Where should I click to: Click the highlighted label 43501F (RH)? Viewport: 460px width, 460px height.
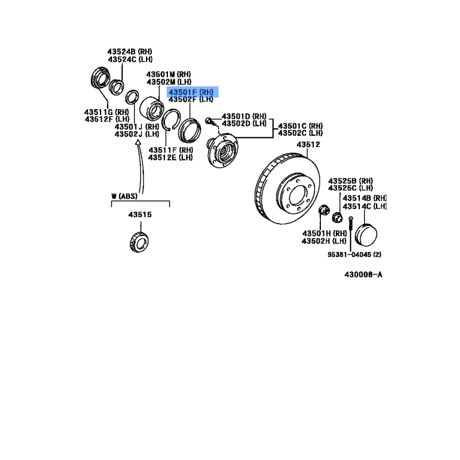[191, 92]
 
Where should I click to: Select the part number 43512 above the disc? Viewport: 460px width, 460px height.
[308, 144]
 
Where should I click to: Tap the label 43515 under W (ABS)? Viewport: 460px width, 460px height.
[140, 214]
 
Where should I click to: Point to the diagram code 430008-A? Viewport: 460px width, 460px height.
[363, 275]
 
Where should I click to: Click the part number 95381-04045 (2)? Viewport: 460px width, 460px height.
[354, 254]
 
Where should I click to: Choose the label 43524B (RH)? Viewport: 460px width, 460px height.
[130, 52]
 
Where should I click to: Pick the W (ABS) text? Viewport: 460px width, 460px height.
[124, 196]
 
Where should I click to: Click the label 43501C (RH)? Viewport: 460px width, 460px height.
[300, 126]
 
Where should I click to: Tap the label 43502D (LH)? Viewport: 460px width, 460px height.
[244, 124]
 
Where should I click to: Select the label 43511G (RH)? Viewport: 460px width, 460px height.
[106, 112]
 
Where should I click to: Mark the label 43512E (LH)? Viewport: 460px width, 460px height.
[170, 158]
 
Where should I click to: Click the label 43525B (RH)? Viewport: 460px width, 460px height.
[351, 181]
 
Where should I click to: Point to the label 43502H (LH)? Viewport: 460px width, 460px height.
[324, 241]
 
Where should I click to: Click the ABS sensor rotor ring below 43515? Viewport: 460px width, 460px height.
[139, 242]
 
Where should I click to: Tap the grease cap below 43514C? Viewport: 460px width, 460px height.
[366, 235]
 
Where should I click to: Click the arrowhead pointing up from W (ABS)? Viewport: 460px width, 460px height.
[138, 142]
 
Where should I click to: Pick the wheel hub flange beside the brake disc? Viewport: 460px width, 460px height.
[222, 150]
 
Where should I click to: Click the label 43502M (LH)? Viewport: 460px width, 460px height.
[168, 82]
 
